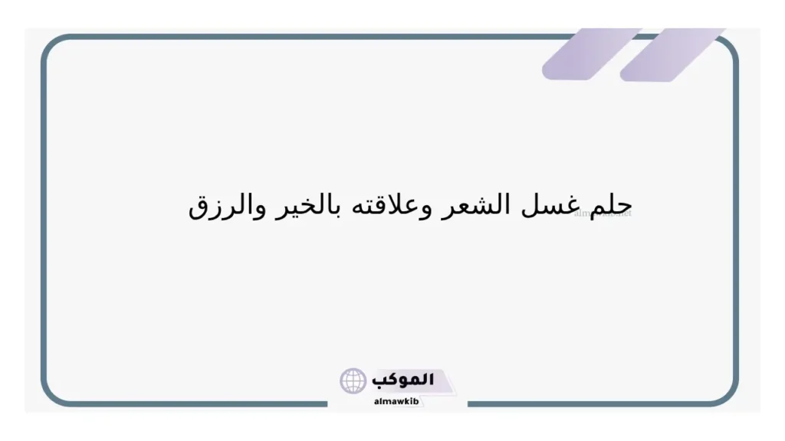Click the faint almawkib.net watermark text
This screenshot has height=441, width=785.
click(x=603, y=214)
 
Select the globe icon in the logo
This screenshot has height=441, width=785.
click(x=353, y=381)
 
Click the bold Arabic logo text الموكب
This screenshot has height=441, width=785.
click(x=403, y=380)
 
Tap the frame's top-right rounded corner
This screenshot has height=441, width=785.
click(x=728, y=47)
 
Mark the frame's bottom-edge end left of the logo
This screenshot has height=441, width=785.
click(x=325, y=403)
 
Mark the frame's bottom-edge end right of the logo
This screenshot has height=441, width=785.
click(x=468, y=403)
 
